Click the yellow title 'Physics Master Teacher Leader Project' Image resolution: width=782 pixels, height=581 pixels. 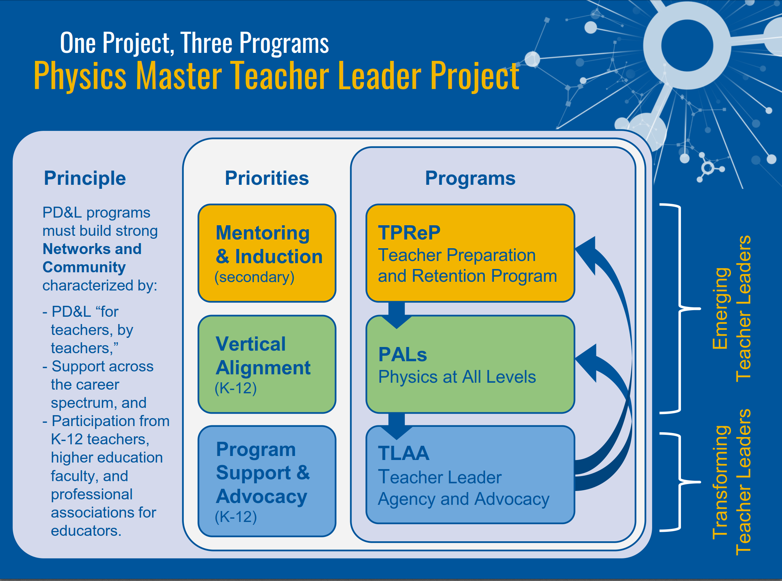coord(276,76)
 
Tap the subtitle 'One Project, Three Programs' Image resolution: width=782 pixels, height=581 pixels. coord(194,43)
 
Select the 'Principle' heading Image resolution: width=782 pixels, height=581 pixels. coord(85,179)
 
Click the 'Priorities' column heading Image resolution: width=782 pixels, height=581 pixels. coord(267,178)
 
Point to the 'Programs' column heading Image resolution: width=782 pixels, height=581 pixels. coord(470,179)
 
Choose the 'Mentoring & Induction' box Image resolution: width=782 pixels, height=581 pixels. coord(267,253)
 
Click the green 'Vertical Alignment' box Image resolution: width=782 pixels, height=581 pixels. coord(267,364)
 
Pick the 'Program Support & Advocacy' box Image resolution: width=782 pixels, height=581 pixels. coord(267,481)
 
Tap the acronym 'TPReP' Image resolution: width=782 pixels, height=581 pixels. coord(409,233)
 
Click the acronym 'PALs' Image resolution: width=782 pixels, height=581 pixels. coord(403,354)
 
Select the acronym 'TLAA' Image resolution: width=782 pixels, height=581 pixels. coord(404,453)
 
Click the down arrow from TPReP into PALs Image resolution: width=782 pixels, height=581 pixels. coord(396,315)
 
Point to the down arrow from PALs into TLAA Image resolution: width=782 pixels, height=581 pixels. coord(396,426)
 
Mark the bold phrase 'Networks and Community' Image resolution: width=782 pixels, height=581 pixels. coord(92,258)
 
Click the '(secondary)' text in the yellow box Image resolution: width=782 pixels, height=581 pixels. coord(254,277)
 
